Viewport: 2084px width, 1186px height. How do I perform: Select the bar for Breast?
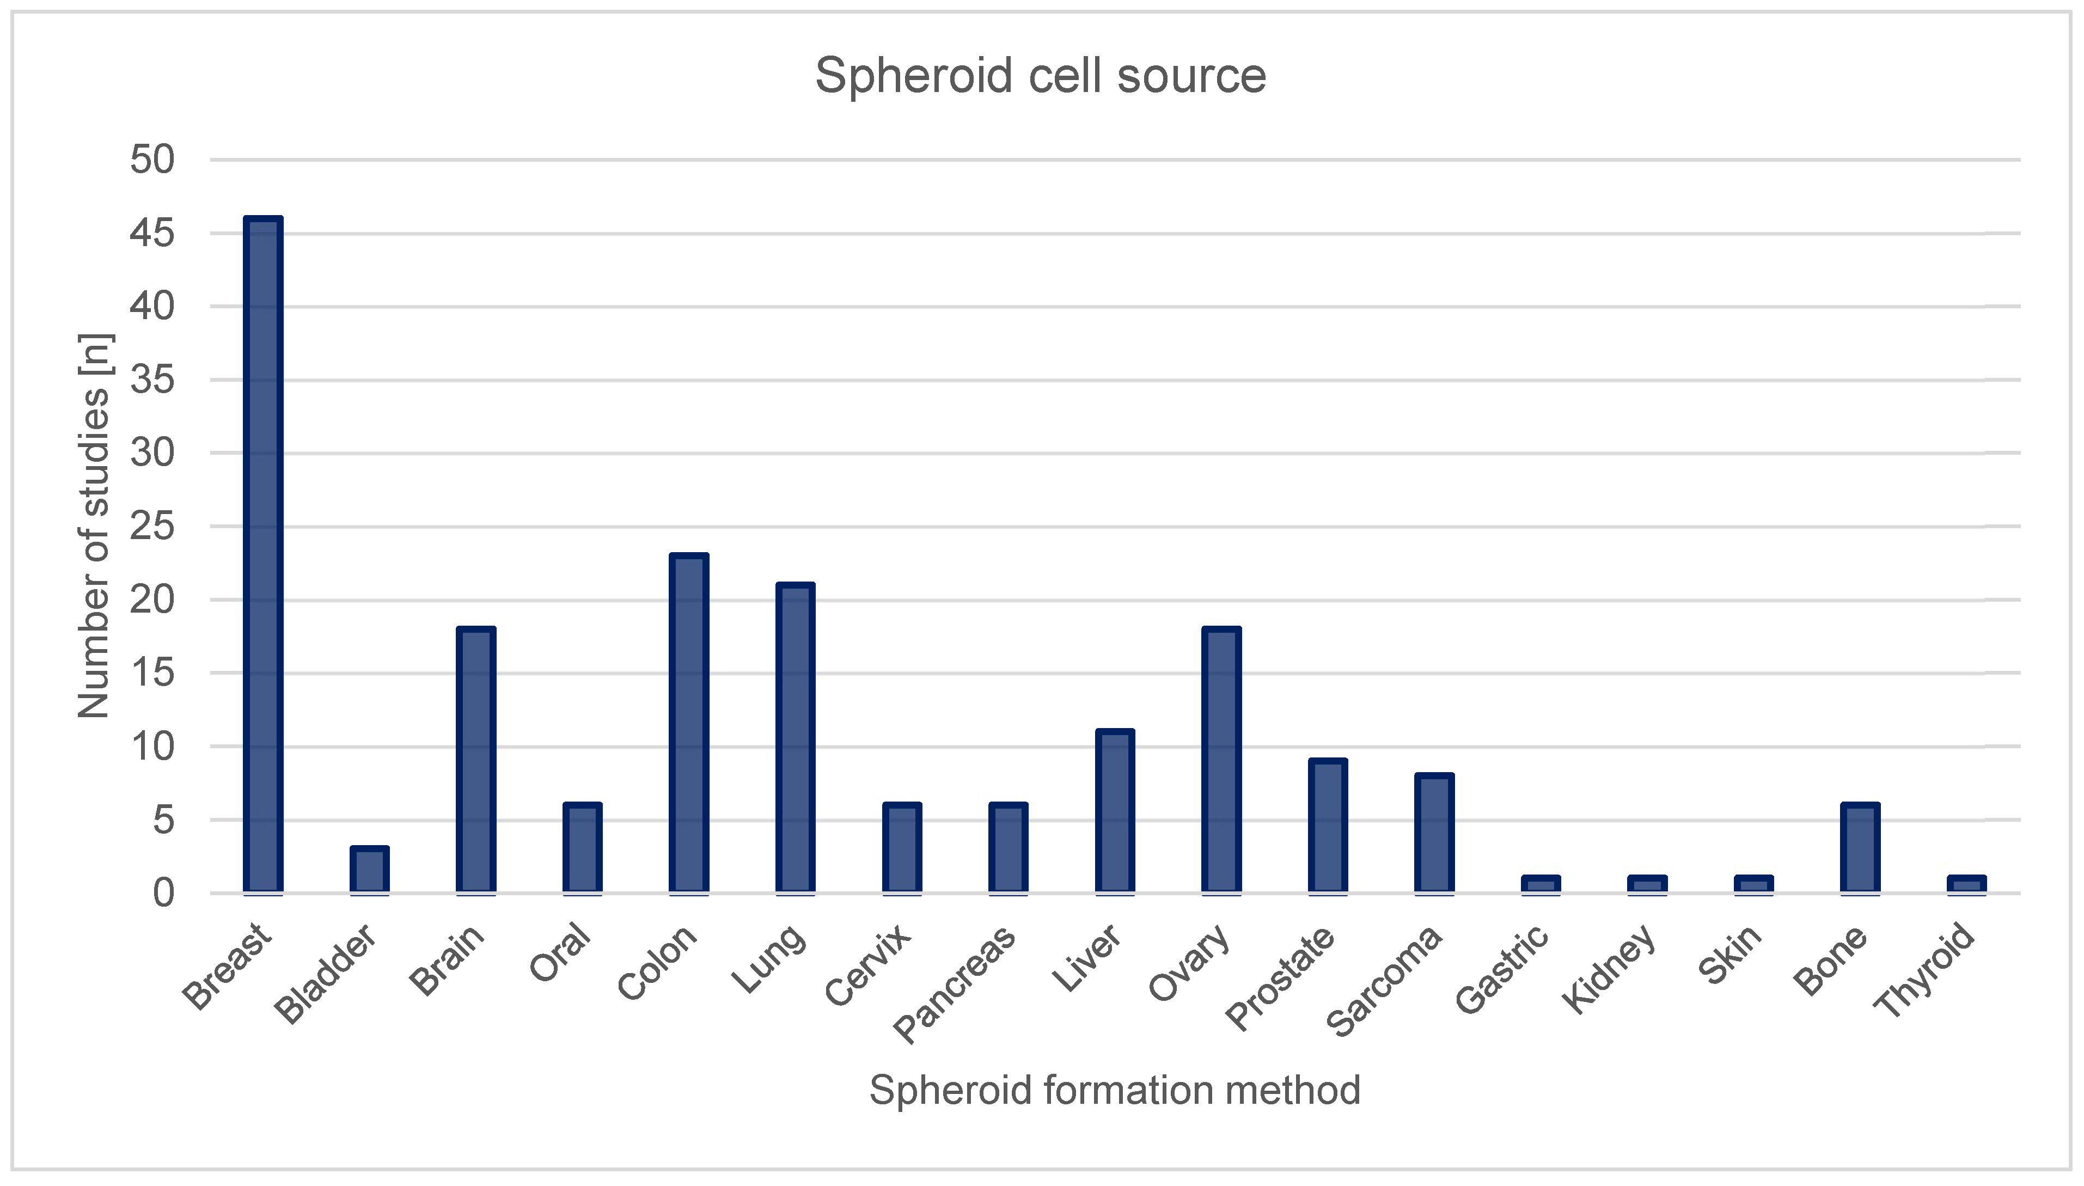click(x=263, y=554)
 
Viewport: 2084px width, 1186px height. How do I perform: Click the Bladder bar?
click(x=370, y=870)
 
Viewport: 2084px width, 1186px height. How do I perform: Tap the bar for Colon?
click(x=689, y=723)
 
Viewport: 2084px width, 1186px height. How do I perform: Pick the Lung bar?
click(x=796, y=737)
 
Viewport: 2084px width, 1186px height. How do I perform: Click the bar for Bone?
click(x=1860, y=847)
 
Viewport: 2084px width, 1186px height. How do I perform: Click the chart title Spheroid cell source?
click(x=1041, y=76)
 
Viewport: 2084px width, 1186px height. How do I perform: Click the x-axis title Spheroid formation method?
click(x=1115, y=1090)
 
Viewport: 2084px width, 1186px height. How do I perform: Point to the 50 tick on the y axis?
click(x=152, y=160)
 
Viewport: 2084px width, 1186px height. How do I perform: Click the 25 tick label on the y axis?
click(x=152, y=526)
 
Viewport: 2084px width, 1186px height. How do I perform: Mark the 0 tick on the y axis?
click(x=163, y=894)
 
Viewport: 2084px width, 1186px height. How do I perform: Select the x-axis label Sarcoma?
click(x=1384, y=982)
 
